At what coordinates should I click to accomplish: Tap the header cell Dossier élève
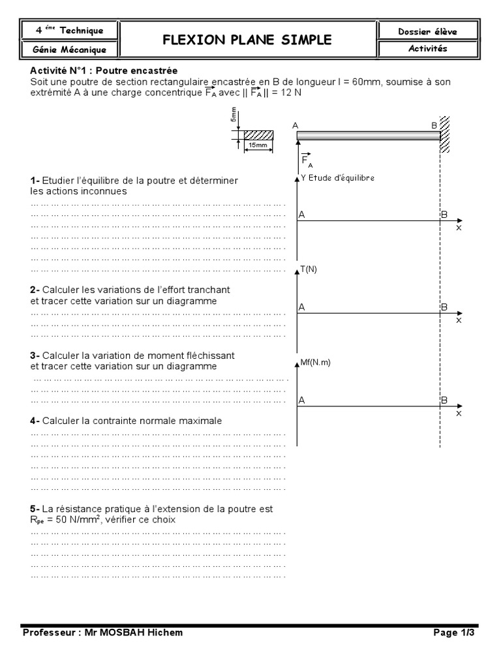427,31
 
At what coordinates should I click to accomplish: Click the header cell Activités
427,49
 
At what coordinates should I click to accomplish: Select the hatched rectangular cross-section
258,135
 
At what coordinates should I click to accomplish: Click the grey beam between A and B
369,136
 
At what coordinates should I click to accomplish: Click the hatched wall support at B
445,135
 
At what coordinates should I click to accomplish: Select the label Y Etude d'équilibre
337,177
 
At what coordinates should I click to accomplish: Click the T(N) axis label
309,270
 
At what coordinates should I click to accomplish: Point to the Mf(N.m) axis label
315,363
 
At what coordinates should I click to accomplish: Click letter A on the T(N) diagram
301,307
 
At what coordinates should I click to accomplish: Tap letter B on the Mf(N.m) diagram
444,401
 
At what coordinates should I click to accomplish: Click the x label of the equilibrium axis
459,228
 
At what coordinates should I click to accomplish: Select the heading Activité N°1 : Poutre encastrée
104,70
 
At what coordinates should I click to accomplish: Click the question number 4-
35,421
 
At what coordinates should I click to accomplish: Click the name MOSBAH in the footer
129,632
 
